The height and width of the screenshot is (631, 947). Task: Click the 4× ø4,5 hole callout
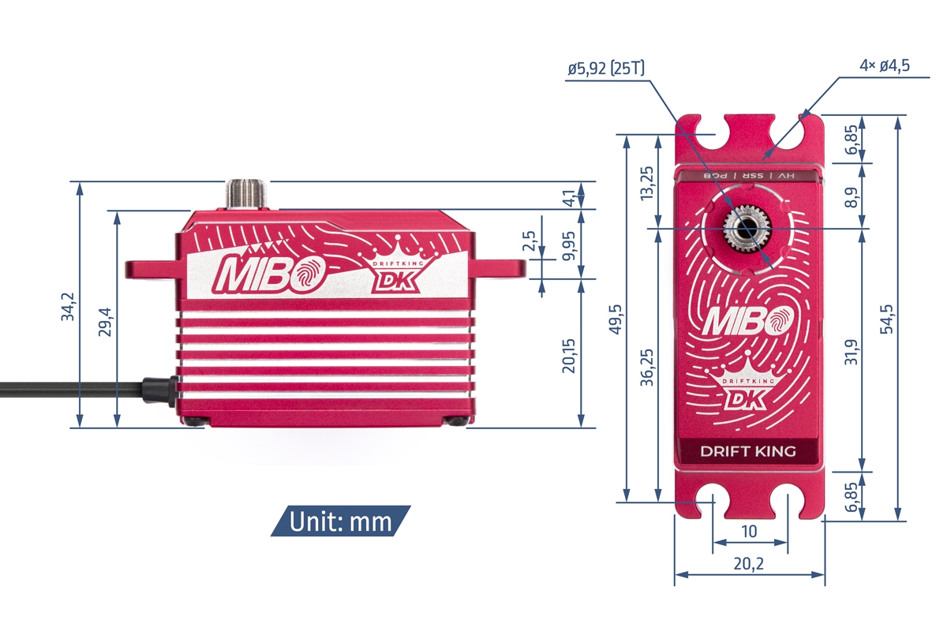(x=884, y=65)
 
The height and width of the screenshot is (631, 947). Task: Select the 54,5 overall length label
(x=887, y=319)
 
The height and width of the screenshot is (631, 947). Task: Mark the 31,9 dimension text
(x=851, y=350)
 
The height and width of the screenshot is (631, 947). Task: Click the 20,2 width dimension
(x=749, y=565)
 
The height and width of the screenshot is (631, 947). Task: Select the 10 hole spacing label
(x=749, y=532)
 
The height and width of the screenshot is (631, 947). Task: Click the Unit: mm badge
(x=340, y=521)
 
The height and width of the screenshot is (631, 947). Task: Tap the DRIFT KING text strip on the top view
(x=748, y=452)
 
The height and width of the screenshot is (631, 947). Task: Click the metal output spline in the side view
(x=246, y=194)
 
